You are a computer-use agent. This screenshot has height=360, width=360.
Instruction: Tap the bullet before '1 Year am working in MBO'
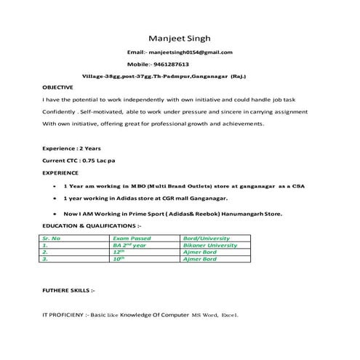(x=56, y=187)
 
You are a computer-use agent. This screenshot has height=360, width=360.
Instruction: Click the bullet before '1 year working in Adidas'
(x=56, y=198)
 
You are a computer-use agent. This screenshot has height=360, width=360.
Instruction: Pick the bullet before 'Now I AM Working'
(x=56, y=215)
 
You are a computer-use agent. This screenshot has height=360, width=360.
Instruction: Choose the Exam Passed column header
(x=132, y=238)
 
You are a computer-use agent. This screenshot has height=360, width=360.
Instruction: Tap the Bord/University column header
(x=207, y=238)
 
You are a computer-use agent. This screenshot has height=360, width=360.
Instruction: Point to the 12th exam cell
(x=120, y=252)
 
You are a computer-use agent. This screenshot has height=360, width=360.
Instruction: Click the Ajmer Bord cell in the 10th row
(x=201, y=258)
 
